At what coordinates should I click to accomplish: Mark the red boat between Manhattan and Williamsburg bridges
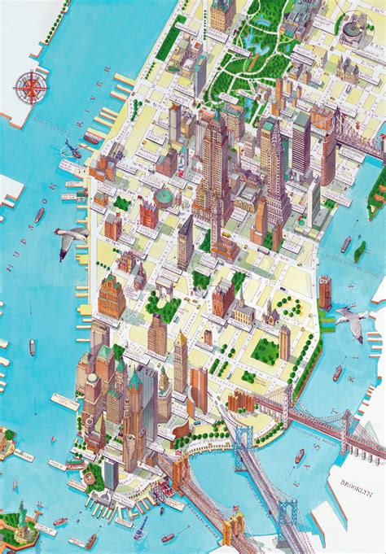(300, 455)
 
